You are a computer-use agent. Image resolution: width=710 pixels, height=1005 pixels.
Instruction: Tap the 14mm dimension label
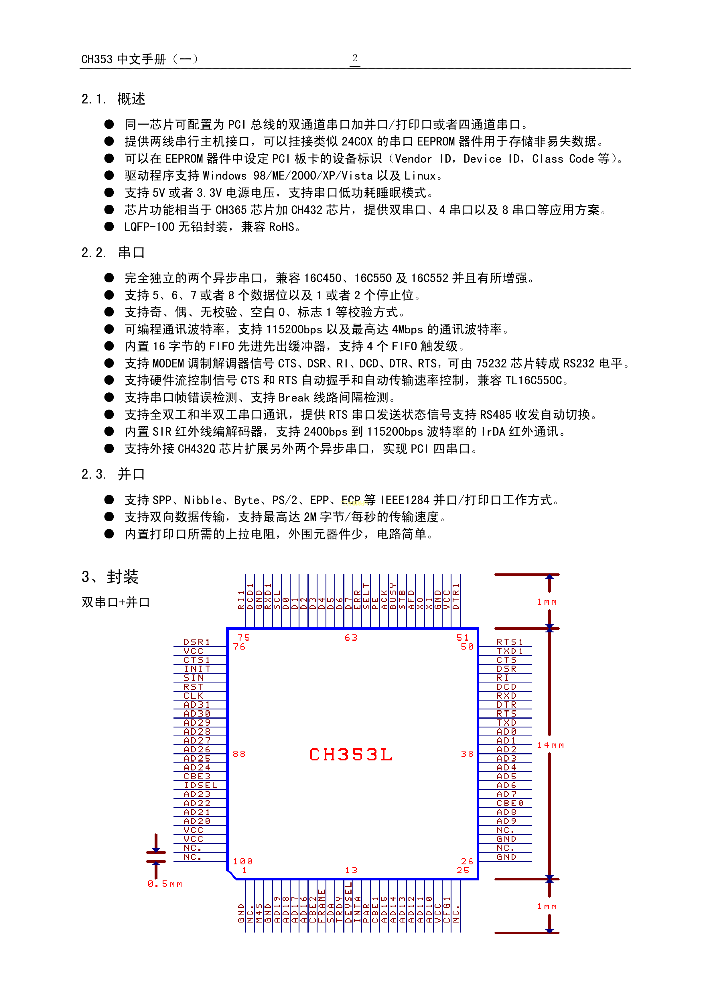coord(550,745)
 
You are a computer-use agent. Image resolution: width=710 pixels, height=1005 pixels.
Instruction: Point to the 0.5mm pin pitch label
coord(165,884)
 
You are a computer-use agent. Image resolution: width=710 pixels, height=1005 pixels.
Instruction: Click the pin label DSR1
coord(197,642)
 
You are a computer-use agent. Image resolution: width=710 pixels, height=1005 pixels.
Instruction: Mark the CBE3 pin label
coord(197,776)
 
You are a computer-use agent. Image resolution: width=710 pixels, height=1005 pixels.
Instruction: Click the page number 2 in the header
coord(355,58)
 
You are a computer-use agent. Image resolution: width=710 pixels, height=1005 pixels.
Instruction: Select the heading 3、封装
coord(110,577)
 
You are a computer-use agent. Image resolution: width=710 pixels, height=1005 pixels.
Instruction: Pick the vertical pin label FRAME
coord(322,906)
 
